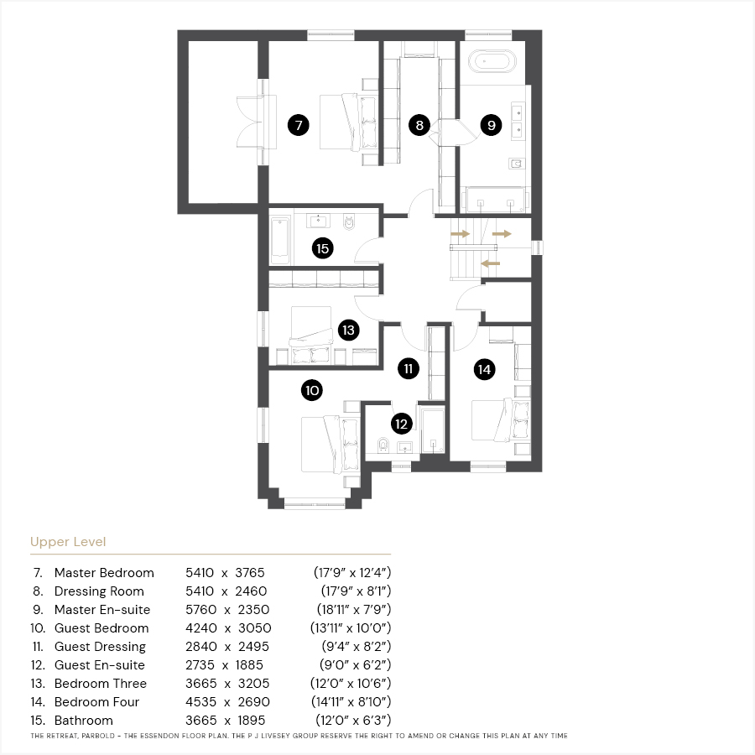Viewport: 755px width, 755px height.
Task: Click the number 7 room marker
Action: (x=299, y=125)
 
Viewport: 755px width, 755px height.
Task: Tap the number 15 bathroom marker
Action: (x=323, y=248)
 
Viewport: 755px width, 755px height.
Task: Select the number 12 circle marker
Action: (x=402, y=424)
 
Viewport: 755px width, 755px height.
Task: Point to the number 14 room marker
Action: (x=484, y=369)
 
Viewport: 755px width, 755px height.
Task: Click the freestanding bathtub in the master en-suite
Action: (x=492, y=62)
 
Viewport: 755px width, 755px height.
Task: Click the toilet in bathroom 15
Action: (x=349, y=222)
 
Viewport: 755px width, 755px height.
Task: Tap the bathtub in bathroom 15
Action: (x=279, y=240)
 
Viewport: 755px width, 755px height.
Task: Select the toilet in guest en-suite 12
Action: (x=383, y=445)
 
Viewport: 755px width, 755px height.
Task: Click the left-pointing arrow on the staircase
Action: (x=491, y=263)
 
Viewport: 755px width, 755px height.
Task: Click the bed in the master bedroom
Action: (x=348, y=122)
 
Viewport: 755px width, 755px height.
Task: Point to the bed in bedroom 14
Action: (x=501, y=419)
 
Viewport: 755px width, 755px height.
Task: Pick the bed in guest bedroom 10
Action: (x=331, y=445)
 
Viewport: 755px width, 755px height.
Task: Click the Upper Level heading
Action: (x=68, y=542)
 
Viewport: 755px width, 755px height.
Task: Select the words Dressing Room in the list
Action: (x=99, y=591)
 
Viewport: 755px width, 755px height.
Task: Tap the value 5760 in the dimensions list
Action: (x=200, y=610)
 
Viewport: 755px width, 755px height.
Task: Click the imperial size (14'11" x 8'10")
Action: (x=351, y=701)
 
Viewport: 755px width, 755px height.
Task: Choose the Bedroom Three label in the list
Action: (x=101, y=683)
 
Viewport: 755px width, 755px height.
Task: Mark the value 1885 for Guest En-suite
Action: (x=249, y=665)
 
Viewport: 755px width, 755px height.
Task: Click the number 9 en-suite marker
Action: (x=491, y=125)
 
